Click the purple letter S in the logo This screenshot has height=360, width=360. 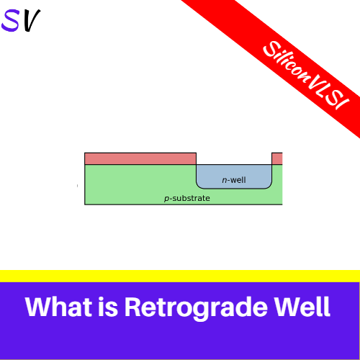[12, 21]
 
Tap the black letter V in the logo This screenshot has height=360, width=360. [32, 21]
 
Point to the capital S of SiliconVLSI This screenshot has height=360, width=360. [269, 47]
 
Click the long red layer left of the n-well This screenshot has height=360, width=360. [140, 158]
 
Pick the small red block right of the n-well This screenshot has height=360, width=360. [276, 158]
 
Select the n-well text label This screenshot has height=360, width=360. [234, 180]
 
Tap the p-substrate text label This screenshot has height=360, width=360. [187, 198]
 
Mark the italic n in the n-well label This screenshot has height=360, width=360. [224, 181]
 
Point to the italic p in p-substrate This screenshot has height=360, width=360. [167, 199]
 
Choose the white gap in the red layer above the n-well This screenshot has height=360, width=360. [234, 158]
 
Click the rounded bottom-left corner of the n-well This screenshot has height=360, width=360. [200, 185]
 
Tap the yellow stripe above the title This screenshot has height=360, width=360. [180, 276]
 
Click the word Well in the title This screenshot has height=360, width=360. [298, 307]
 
